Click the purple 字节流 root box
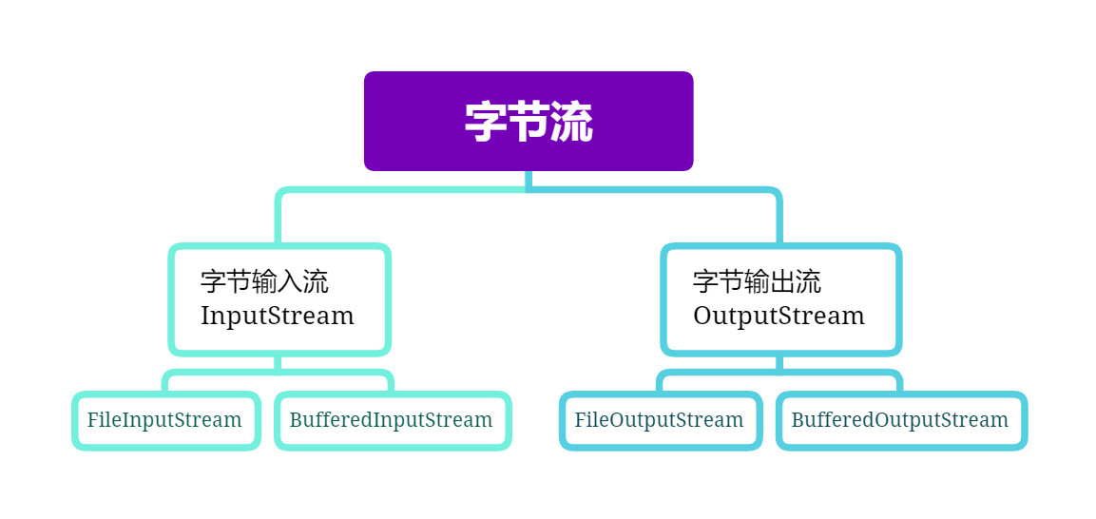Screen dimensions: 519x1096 tap(529, 121)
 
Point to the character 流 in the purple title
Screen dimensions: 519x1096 tap(572, 123)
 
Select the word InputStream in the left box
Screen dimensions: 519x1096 tap(277, 316)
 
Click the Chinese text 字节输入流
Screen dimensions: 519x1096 tap(264, 281)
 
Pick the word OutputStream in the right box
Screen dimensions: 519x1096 tap(779, 316)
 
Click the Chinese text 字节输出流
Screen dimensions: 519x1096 tap(757, 281)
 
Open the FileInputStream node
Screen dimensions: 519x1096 tap(165, 420)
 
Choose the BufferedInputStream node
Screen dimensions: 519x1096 tap(392, 420)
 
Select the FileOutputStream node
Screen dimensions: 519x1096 tap(660, 420)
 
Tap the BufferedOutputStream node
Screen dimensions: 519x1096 tap(900, 420)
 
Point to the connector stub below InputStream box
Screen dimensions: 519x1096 tap(278, 363)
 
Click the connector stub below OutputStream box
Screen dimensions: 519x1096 tap(779, 363)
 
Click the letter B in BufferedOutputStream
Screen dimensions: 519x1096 tap(798, 420)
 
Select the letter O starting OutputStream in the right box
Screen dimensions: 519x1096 tap(702, 316)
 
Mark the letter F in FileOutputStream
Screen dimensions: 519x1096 tap(580, 420)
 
